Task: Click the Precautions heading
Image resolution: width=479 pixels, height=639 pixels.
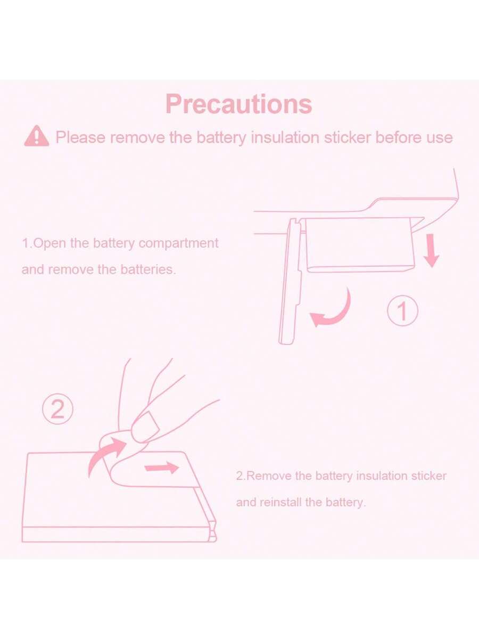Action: (x=239, y=104)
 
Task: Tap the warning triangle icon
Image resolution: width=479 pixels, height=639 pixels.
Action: (x=37, y=136)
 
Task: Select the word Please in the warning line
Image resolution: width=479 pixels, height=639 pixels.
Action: (x=80, y=137)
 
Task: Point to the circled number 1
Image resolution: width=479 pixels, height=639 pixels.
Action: (x=403, y=310)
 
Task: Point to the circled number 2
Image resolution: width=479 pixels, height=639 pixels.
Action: (x=57, y=409)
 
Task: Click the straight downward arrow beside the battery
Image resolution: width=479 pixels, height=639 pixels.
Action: (x=432, y=251)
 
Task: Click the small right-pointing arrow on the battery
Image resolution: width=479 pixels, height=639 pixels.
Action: (x=162, y=468)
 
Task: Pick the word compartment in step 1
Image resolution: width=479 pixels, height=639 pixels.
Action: (x=179, y=243)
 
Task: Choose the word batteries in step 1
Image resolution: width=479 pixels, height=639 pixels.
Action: (x=148, y=269)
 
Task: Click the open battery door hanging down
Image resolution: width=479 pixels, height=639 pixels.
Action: (x=291, y=282)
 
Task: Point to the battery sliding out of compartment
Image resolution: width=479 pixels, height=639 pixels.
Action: (x=361, y=244)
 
